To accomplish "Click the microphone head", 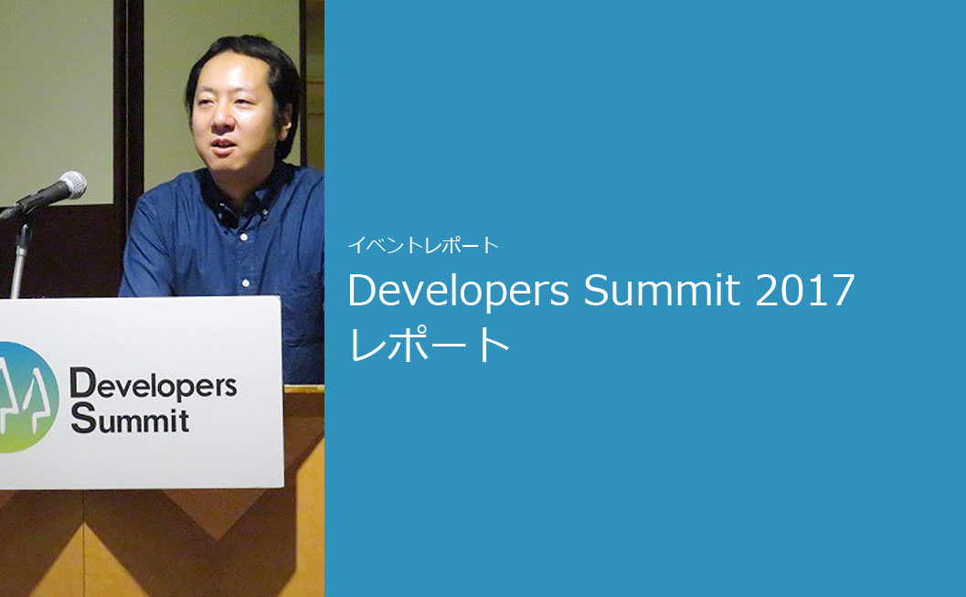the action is pos(71,185).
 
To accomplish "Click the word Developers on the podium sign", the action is pos(153,385).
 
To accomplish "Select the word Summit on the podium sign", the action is pos(130,419).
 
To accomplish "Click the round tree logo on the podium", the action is pos(26,397).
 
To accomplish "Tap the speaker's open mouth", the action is pos(223,146).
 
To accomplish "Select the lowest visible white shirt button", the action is pos(246,283).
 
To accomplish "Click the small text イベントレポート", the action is pos(423,245).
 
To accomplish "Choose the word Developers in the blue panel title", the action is pos(459,291).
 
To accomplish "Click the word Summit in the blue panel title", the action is pos(662,290).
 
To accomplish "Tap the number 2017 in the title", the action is pos(804,290).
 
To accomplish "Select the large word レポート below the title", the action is pos(429,345).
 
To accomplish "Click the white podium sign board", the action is pos(141,393).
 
